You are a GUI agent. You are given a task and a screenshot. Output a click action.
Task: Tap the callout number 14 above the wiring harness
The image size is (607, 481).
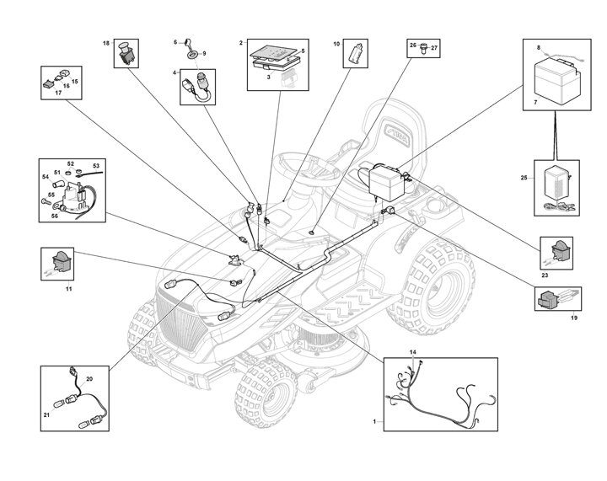coord(413,350)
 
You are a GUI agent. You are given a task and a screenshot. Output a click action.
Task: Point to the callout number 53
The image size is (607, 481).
coord(95,166)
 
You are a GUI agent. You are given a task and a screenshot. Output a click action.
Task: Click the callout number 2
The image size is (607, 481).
coord(241,41)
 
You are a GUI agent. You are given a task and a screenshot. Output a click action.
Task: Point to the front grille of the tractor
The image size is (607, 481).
coord(181,318)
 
